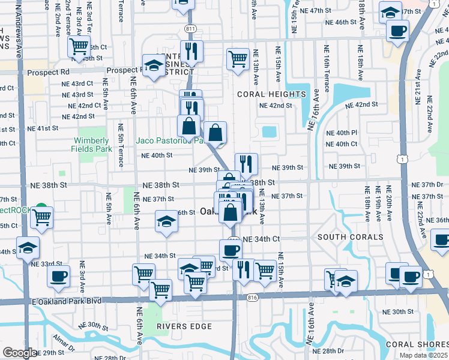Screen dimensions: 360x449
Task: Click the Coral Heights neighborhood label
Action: pyautogui.click(x=271, y=94)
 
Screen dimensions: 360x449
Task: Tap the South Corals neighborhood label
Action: pyautogui.click(x=350, y=237)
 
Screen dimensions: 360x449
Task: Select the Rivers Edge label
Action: pyautogui.click(x=184, y=326)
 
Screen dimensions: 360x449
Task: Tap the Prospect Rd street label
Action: pyautogui.click(x=48, y=72)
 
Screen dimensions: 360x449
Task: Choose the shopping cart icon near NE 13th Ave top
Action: pyautogui.click(x=238, y=59)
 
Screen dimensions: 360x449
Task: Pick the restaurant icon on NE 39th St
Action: pyautogui.click(x=246, y=163)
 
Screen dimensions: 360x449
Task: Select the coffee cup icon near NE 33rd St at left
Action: pyautogui.click(x=58, y=276)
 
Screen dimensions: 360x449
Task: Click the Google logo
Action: pyautogui.click(x=19, y=353)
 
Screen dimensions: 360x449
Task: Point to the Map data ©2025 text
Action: pyautogui.click(x=423, y=355)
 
